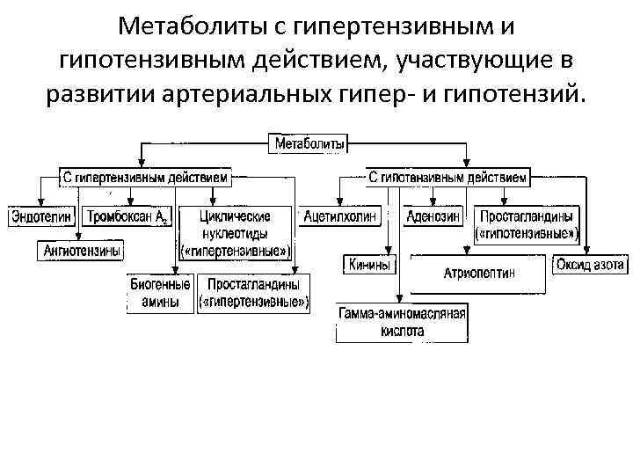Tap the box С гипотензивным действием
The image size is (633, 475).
tap(447, 178)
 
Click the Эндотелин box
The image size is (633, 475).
tap(40, 216)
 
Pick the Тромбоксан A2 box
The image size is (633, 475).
tap(127, 216)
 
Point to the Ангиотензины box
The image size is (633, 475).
tap(82, 251)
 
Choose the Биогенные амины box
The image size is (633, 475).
tap(160, 293)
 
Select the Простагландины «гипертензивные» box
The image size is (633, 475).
tap(254, 293)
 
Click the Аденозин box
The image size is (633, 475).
tap(433, 216)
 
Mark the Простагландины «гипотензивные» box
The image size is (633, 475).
tap(526, 224)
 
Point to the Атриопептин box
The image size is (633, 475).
tap(479, 274)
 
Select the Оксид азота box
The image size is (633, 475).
tap(590, 263)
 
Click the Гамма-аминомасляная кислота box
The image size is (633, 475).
tap(403, 322)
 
